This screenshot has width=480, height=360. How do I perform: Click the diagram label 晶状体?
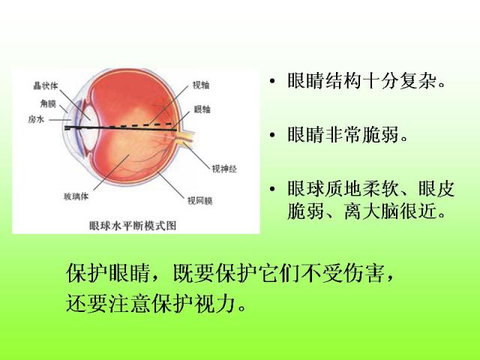coord(46,86)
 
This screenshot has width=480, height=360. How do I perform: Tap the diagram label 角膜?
coord(48,103)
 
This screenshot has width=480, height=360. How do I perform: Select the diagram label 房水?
coord(36,119)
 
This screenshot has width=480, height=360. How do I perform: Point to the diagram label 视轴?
coord(201,85)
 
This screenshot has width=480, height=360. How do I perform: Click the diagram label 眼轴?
coord(202,109)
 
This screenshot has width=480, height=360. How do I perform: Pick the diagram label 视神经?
coord(224,169)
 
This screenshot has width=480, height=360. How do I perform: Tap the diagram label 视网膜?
coord(199,201)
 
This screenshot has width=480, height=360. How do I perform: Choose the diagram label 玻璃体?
coord(76,196)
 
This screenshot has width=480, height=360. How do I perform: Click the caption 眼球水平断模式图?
coord(133,226)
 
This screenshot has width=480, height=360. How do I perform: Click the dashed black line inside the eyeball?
coord(141,125)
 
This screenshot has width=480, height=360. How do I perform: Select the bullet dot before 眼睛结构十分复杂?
coord(272,82)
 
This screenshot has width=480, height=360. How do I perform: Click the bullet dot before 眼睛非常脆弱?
coord(272,135)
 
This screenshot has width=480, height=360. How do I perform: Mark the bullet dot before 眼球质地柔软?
coord(272,189)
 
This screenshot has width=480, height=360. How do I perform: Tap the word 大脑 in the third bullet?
coord(372,211)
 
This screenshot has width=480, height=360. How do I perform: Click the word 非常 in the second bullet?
coord(343,135)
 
